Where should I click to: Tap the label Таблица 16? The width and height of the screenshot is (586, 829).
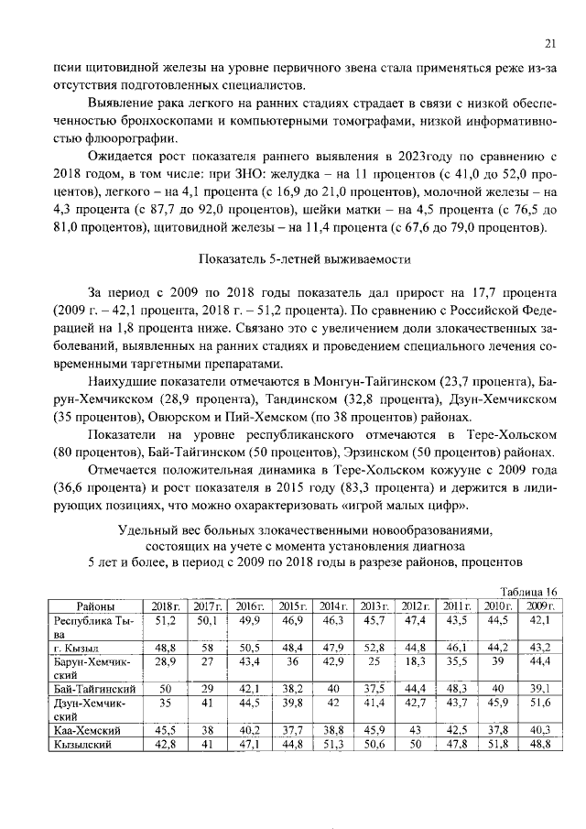click(x=531, y=592)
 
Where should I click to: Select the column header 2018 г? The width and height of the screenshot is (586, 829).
click(x=166, y=605)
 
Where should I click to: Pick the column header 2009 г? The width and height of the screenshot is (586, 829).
click(x=540, y=605)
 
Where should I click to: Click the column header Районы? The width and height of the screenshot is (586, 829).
click(x=96, y=605)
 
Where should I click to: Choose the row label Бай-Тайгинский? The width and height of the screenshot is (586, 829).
click(x=95, y=687)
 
